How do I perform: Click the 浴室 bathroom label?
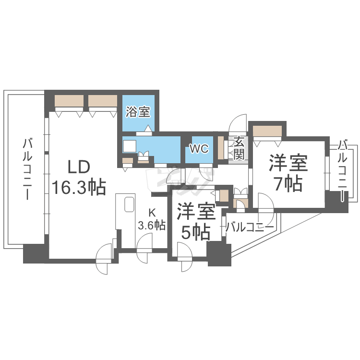click(x=138, y=112)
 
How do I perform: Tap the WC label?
click(x=199, y=149)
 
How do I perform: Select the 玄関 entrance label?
click(x=239, y=149)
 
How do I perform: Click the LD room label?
click(x=78, y=167)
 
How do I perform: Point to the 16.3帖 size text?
click(x=79, y=187)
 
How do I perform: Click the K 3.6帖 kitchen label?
click(x=152, y=219)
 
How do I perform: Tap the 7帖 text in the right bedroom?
click(x=288, y=184)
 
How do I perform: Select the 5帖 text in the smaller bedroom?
click(x=196, y=232)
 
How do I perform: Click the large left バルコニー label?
click(x=27, y=169)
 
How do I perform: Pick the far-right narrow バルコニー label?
click(x=343, y=170)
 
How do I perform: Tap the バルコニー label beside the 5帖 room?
click(x=250, y=228)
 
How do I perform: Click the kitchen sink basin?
click(x=129, y=204)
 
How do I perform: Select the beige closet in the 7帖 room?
click(x=267, y=131)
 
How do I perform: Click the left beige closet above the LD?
click(x=69, y=101)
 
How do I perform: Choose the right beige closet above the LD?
click(x=103, y=101)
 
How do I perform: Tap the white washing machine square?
click(x=130, y=146)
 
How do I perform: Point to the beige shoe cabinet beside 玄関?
click(x=221, y=148)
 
